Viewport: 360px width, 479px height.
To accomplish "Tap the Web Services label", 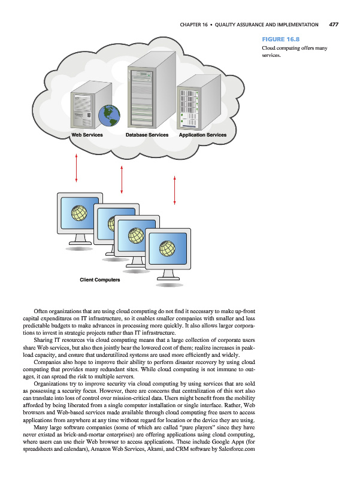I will pyautogui.click(x=87, y=135).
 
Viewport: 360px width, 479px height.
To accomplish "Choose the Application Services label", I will pyautogui.click(x=202, y=135).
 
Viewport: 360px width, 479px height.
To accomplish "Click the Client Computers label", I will pyautogui.click(x=100, y=280).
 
